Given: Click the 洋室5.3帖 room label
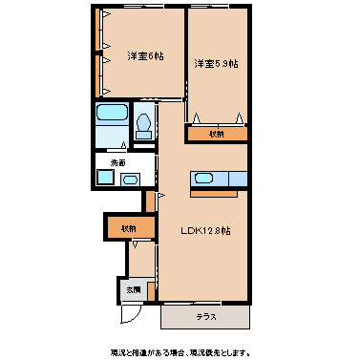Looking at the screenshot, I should click(216, 64).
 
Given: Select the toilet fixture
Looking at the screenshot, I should click(144, 126).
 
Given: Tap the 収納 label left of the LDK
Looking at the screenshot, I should click(128, 229).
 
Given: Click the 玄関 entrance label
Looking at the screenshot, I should click(134, 289).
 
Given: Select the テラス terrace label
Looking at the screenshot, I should click(207, 315).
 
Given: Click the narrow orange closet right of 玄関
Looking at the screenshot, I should click(150, 201).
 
